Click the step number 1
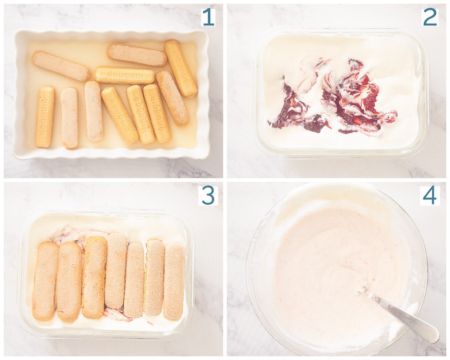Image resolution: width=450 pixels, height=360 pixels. tap(208, 17)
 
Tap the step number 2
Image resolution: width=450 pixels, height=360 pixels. tap(430, 17)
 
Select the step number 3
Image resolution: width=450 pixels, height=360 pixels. tap(208, 196)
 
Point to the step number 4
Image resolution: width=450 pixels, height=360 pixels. tap(430, 196)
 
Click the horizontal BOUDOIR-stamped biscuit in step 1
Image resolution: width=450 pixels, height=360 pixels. tap(125, 75)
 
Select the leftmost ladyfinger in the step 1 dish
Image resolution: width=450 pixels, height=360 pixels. tap(45, 116)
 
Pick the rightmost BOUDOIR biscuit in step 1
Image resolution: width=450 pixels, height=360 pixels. tap(181, 68)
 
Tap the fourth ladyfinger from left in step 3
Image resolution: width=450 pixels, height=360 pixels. tap(115, 271)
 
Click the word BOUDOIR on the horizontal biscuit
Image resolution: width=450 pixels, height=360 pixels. tap(125, 76)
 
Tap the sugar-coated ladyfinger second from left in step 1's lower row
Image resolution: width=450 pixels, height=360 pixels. tap(69, 117)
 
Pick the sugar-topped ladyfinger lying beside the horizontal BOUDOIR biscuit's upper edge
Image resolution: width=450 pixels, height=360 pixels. tap(137, 55)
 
